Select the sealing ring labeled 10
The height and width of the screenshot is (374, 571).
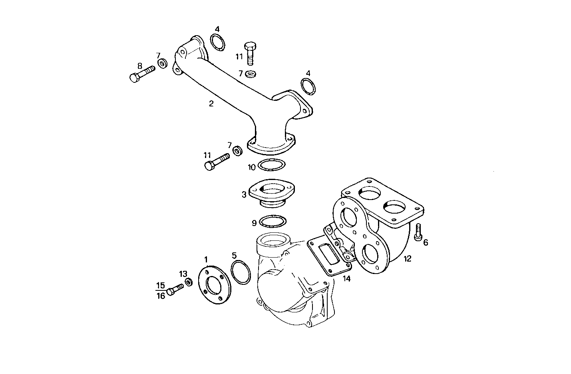(272, 164)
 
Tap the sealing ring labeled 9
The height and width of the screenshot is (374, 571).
(273, 221)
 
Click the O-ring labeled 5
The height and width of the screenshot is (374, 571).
(241, 272)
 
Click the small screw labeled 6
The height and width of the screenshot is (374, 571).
(418, 232)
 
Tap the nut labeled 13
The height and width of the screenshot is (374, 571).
(189, 283)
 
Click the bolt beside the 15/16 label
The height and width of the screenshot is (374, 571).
(175, 290)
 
